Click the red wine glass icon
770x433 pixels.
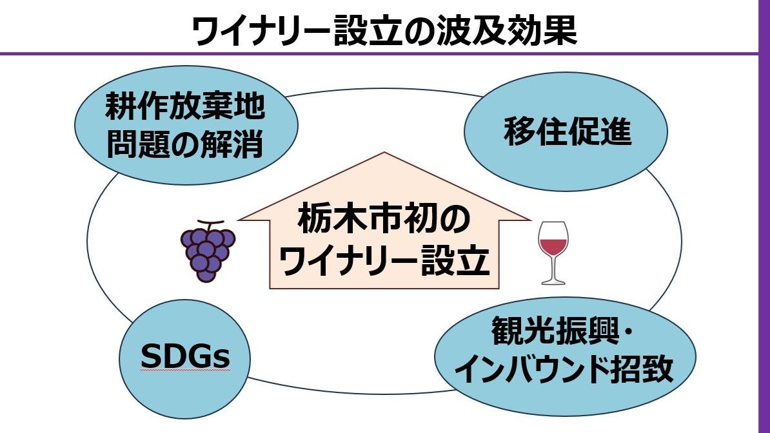(x=553, y=253)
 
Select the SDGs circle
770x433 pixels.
(x=186, y=357)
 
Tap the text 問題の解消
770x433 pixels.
(x=185, y=145)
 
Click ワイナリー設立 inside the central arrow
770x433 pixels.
(x=384, y=262)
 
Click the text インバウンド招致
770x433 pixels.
(x=564, y=370)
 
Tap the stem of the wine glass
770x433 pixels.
(x=553, y=268)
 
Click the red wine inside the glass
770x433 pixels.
(x=553, y=245)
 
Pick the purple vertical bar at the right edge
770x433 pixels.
(x=764, y=216)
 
